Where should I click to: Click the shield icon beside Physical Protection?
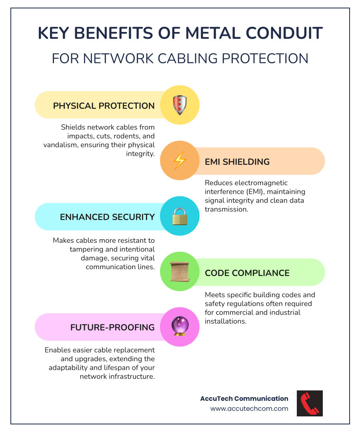click(x=180, y=105)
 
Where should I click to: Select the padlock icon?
click(x=180, y=216)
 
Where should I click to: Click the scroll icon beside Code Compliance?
click(x=180, y=272)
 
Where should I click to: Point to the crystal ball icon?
click(x=180, y=326)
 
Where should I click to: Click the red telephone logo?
click(x=310, y=403)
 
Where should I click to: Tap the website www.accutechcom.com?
click(x=249, y=408)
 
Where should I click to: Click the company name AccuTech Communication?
click(x=244, y=398)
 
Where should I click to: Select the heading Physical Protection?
click(x=104, y=106)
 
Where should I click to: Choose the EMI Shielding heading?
click(x=237, y=162)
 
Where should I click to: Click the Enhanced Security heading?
click(x=107, y=217)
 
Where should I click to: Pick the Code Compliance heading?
click(x=247, y=273)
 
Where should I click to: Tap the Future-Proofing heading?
click(x=112, y=327)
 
